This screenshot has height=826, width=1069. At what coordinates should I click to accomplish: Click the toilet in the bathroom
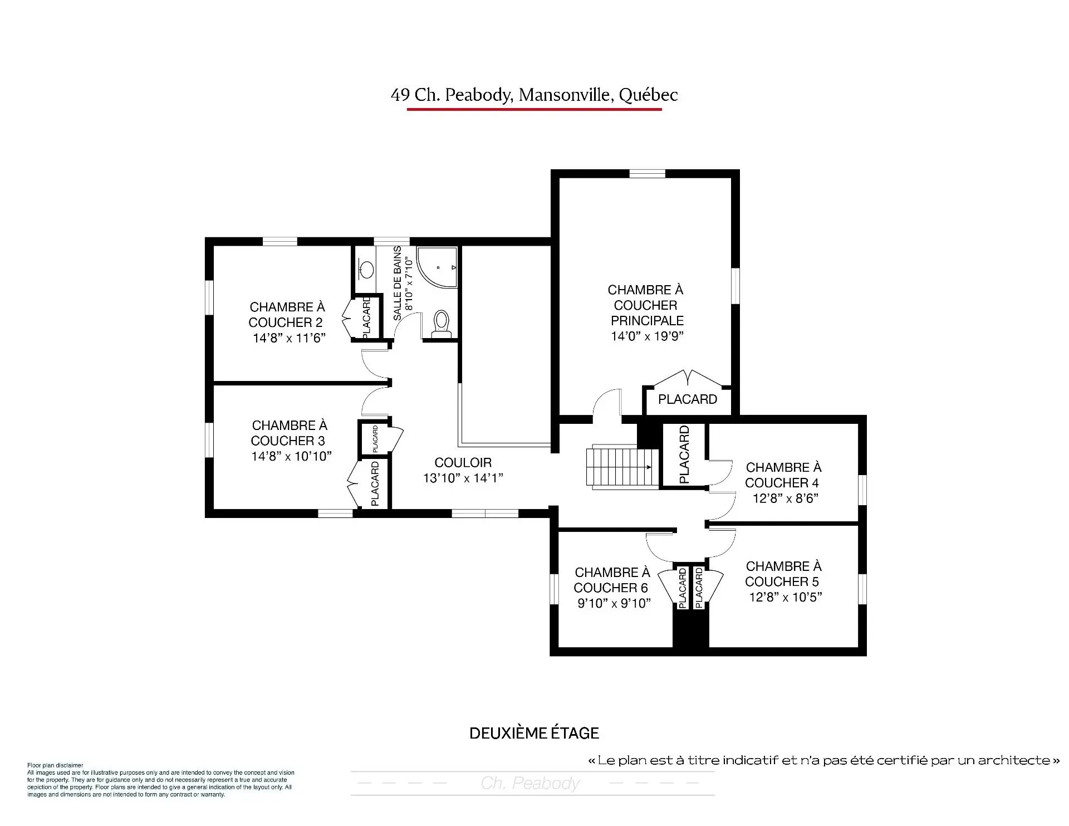click(x=442, y=324)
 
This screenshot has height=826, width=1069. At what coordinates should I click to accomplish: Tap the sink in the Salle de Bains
click(x=366, y=270)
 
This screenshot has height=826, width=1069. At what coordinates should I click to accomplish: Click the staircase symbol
click(x=619, y=467)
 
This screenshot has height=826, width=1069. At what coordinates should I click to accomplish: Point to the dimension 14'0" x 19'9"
click(x=646, y=336)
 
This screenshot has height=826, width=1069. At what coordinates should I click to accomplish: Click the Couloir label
click(x=463, y=462)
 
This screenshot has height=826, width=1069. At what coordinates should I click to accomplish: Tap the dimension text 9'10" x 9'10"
click(x=614, y=603)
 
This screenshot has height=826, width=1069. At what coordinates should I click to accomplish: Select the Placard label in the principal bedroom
click(x=687, y=399)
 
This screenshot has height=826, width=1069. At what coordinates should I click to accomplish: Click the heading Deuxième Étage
click(x=534, y=733)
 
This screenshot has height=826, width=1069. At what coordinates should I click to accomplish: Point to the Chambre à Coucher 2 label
click(x=287, y=315)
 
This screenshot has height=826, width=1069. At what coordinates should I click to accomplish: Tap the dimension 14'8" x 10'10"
click(x=291, y=456)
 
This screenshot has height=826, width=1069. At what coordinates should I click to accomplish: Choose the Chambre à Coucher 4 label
click(x=783, y=475)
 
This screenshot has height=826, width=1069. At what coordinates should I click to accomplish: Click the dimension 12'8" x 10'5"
click(x=785, y=597)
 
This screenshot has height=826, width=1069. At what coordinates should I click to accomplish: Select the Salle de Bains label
click(x=398, y=284)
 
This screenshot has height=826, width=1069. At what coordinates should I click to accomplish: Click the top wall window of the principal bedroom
click(x=647, y=173)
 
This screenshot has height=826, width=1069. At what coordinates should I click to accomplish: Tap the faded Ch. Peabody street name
click(x=530, y=783)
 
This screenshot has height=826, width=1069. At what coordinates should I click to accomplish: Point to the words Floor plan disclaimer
click(x=55, y=765)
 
